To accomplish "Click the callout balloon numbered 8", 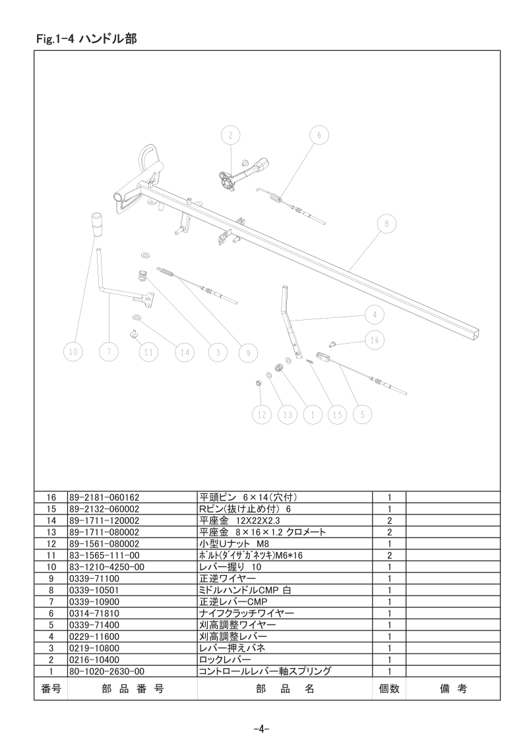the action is click(386, 224).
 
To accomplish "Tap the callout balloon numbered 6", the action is click(319, 135).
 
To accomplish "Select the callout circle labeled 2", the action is click(230, 135).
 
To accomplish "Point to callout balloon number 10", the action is click(73, 352).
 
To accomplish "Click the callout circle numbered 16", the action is click(375, 340).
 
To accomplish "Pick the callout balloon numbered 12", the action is click(262, 415).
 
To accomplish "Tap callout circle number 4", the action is click(375, 315).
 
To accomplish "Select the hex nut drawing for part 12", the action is click(259, 382).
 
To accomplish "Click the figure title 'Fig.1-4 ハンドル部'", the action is click(86, 38).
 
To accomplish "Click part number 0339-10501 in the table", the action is click(94, 590).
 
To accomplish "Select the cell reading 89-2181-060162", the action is click(104, 497).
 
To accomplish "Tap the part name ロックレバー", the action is click(225, 660).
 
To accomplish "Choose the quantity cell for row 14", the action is click(389, 520).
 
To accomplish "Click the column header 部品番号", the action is click(133, 689).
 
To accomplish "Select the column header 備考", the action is click(453, 689).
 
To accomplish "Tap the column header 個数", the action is click(389, 689).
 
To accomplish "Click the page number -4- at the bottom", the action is click(261, 729).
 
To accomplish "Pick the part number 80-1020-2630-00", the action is click(107, 671).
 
